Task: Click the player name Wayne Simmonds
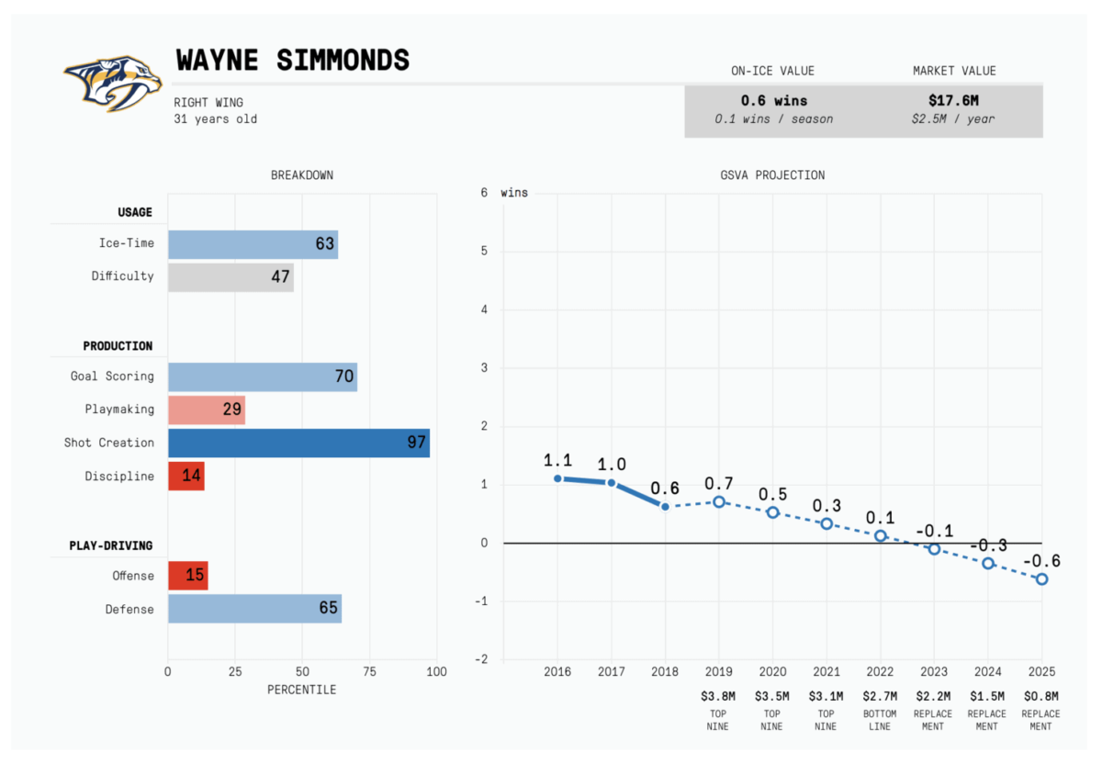292,61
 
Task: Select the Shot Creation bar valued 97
298,443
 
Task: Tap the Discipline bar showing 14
186,476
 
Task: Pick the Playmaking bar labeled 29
207,410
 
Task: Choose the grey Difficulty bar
231,275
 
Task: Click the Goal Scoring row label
112,376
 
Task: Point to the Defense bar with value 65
254,608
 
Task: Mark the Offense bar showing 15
187,576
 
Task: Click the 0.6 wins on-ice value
773,100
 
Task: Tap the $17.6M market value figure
954,100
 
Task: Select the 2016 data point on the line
557,478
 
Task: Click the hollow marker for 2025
1041,579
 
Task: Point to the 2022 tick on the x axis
880,671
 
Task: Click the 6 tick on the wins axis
484,193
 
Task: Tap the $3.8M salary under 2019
718,697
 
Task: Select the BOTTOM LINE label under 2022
880,720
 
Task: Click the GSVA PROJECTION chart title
771,174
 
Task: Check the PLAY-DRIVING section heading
111,545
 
